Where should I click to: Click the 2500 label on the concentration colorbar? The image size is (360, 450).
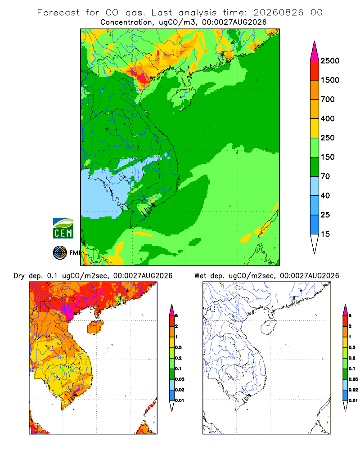pyautogui.click(x=330, y=61)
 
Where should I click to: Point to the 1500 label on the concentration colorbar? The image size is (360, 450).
pyautogui.click(x=330, y=80)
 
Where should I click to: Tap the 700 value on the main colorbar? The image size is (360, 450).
pyautogui.click(x=328, y=99)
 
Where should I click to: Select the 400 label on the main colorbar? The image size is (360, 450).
pyautogui.click(x=328, y=118)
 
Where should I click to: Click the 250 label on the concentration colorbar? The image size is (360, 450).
pyautogui.click(x=328, y=138)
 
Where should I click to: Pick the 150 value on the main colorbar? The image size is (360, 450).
pyautogui.click(x=328, y=157)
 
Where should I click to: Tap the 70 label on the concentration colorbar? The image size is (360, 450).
pyautogui.click(x=325, y=176)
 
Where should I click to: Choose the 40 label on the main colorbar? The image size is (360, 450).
pyautogui.click(x=325, y=195)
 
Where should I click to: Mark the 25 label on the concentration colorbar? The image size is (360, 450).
pyautogui.click(x=325, y=215)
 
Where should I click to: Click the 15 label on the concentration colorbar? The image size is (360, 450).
pyautogui.click(x=325, y=234)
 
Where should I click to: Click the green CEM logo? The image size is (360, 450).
pyautogui.click(x=63, y=229)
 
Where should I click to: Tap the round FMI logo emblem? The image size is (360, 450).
pyautogui.click(x=60, y=253)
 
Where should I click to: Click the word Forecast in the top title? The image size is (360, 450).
pyautogui.click(x=58, y=13)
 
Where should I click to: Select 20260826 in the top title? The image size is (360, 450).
pyautogui.click(x=278, y=13)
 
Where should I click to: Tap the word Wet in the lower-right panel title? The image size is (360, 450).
pyautogui.click(x=200, y=276)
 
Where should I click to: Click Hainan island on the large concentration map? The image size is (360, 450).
pyautogui.click(x=183, y=99)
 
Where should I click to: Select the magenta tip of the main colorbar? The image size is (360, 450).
pyautogui.click(x=315, y=51)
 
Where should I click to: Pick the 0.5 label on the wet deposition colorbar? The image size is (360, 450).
pyautogui.click(x=352, y=347)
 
